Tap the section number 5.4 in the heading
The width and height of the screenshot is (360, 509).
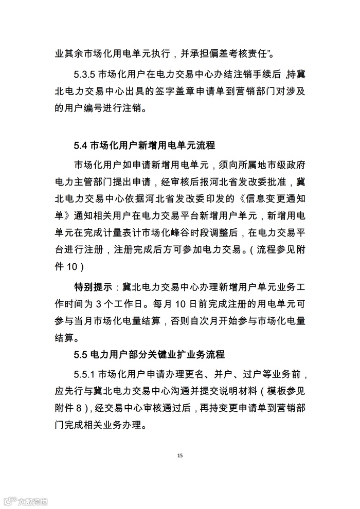(x=81, y=144)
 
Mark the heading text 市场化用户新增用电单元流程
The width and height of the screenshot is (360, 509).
(x=152, y=144)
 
